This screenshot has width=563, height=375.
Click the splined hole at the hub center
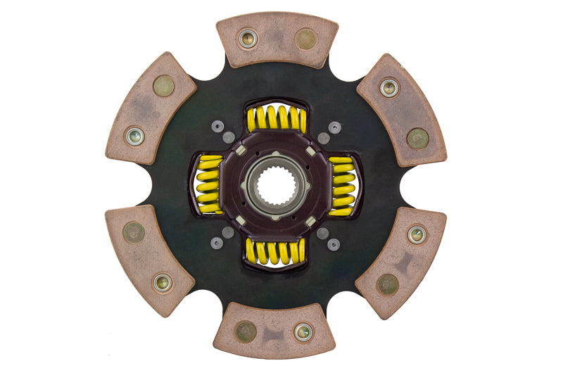pos(276,186)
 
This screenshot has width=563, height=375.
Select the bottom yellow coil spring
pos(276,251)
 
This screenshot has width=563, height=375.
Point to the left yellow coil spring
pos(208,184)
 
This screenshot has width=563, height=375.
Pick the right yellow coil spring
pos(343,184)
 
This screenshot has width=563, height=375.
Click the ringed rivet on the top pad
pos(248,39)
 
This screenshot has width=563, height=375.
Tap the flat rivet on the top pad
pos(305,39)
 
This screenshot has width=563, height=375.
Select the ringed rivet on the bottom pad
pos(303,331)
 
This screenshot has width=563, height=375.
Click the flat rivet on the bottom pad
pos(246,331)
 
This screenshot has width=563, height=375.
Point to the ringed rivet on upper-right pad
pos(389,87)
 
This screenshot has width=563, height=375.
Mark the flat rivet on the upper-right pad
pos(417,138)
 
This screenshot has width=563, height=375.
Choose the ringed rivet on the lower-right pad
pos(417,234)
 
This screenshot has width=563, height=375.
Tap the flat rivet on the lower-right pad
pos(388,284)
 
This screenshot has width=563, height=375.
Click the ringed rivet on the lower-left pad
pos(163,283)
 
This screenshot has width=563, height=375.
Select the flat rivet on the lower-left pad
pos(134,231)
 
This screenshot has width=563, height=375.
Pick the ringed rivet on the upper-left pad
pos(134,136)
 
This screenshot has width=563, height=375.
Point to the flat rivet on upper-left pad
pos(163,86)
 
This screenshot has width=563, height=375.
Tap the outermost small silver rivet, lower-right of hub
pos(334,244)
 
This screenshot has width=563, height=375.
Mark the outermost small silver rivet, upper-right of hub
pos(334,127)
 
